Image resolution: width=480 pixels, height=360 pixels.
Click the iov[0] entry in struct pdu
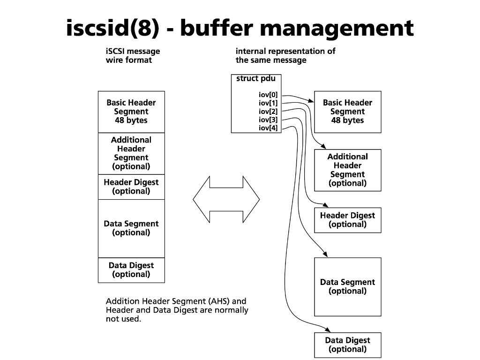click(268, 95)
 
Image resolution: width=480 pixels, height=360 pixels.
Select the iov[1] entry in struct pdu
click(268, 103)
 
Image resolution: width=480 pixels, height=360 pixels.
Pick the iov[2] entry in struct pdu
click(268, 112)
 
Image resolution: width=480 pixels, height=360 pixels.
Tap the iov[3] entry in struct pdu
click(268, 120)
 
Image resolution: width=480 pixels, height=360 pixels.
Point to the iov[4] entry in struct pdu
click(268, 128)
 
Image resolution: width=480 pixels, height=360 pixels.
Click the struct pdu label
click(256, 79)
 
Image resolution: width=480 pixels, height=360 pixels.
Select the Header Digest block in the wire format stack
click(131, 187)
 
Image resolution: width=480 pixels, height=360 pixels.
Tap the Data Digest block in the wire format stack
click(131, 270)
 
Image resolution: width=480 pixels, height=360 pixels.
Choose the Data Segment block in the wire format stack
click(131, 228)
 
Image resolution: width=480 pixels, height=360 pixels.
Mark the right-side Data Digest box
click(347, 345)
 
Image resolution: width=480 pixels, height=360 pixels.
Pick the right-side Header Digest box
click(347, 220)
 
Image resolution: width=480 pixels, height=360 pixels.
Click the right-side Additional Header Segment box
click(347, 170)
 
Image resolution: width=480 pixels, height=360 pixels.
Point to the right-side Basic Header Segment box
click(347, 112)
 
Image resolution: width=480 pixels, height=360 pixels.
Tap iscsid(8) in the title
click(112, 28)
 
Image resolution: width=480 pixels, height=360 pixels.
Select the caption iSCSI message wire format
click(133, 56)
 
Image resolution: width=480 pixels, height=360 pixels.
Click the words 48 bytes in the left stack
click(131, 120)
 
